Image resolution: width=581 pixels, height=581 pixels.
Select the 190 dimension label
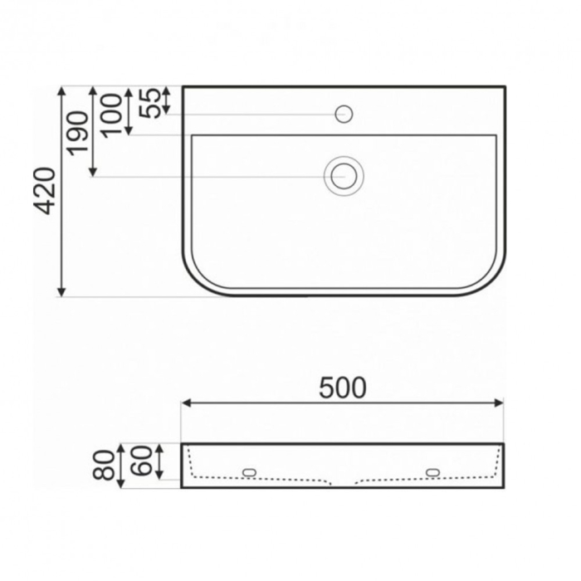point(77,132)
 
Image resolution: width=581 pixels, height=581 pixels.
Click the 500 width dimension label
point(342,388)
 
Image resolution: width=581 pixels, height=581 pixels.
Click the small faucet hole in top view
point(344,114)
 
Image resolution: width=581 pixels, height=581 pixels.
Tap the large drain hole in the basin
point(342,176)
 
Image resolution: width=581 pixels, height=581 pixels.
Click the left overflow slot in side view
point(249,472)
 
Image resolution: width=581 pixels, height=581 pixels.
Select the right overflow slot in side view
point(434,472)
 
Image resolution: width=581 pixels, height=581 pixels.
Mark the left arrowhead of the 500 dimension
point(186,403)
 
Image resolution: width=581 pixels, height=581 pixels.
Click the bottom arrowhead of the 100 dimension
point(129,130)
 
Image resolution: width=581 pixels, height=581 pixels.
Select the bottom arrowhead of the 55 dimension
point(167,110)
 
